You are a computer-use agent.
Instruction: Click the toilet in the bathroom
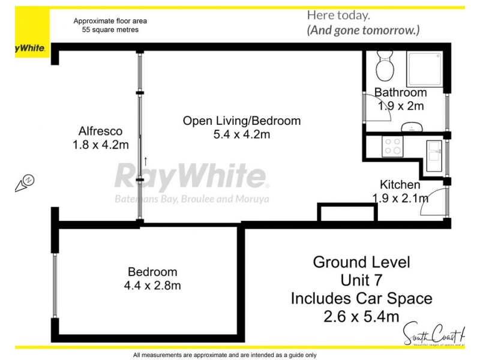click(x=382, y=64)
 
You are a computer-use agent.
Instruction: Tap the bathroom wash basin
click(x=412, y=127)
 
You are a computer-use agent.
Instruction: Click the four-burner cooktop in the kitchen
click(x=393, y=147)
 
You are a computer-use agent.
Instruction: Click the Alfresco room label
click(x=101, y=131)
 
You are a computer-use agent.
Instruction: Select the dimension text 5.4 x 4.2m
click(x=242, y=134)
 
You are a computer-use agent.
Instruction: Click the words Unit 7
click(x=361, y=280)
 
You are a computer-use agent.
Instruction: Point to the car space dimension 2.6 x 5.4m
click(x=361, y=315)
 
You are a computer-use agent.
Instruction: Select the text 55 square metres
click(x=110, y=29)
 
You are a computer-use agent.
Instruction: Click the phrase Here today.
click(x=338, y=15)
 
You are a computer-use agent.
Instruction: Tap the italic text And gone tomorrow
click(x=363, y=29)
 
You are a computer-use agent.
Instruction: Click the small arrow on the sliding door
click(x=145, y=161)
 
